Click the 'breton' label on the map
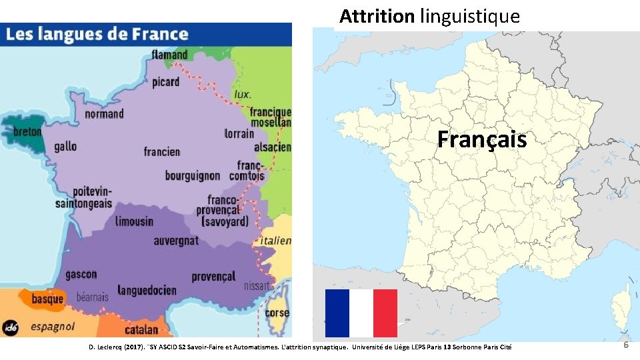click(27, 131)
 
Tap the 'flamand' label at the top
click(170, 54)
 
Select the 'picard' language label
click(165, 82)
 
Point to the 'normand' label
click(104, 113)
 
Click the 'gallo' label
click(65, 146)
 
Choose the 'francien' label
click(162, 152)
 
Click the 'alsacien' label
click(272, 147)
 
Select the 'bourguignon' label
click(193, 176)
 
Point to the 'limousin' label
click(134, 221)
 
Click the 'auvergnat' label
click(176, 240)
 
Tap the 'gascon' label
click(81, 274)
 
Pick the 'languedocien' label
click(147, 290)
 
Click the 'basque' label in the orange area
click(48, 299)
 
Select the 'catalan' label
click(141, 329)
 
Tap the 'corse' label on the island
click(277, 313)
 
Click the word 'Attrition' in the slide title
click(377, 16)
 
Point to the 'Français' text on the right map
click(482, 140)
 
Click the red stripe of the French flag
click(385, 313)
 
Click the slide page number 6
click(626, 345)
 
